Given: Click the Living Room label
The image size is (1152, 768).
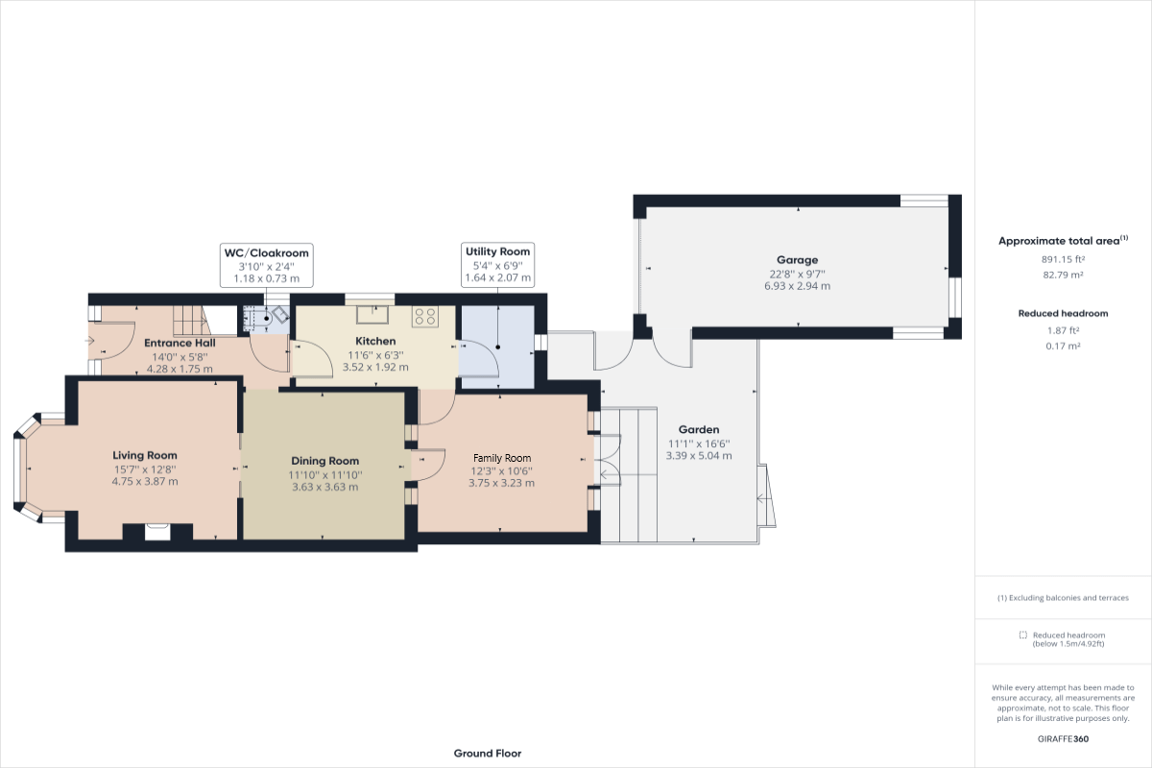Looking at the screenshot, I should pos(145,455).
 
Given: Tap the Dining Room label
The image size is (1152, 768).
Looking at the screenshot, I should pos(324,461).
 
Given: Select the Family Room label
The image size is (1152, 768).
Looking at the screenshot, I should pos(501,458).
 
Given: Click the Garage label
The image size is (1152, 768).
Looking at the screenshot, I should pos(797,259).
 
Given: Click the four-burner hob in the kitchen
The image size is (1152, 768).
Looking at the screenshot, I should pos(424,316).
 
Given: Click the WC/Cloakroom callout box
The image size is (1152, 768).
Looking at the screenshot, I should pos(266,265).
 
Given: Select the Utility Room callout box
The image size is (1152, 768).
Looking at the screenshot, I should pos(497,264).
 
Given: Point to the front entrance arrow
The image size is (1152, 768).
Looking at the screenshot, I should pos(89,340).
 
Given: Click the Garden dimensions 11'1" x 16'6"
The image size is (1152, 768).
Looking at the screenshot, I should pos(699,444).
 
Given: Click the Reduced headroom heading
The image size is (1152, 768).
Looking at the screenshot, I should pos(1062,314).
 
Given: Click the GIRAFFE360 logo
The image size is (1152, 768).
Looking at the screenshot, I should pos(1063,739).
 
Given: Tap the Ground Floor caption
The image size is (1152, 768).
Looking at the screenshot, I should pos(488,754).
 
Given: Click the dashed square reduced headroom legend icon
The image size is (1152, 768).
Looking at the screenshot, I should pos(1023,636).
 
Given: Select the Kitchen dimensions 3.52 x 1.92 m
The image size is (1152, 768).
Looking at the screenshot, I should pos(375,366).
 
